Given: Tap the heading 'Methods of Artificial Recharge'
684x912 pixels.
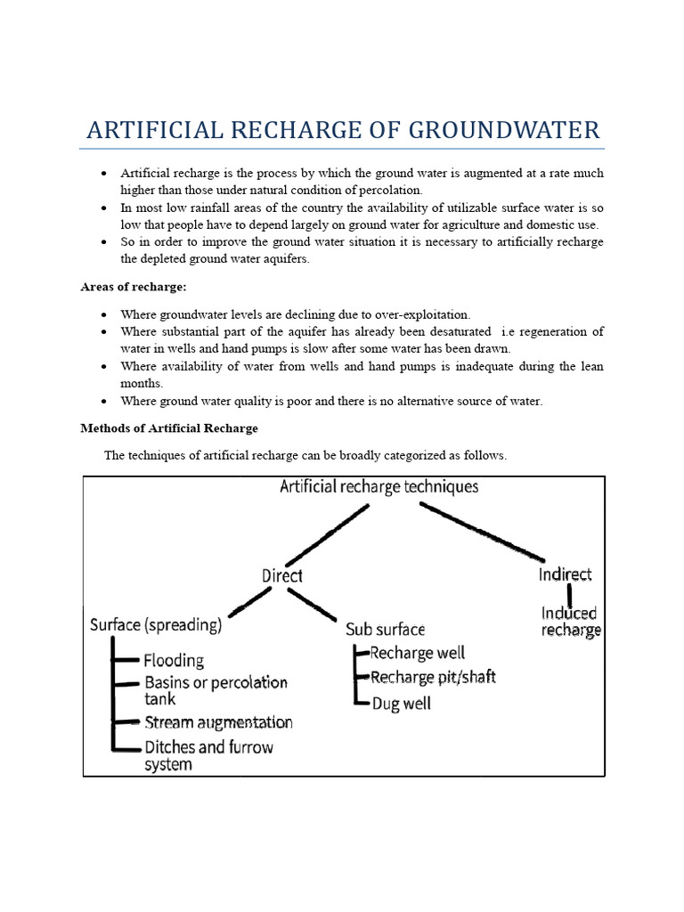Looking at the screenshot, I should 169,428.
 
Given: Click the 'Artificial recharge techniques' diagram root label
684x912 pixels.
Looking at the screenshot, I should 379,487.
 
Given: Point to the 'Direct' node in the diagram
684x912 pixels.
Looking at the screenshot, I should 282,575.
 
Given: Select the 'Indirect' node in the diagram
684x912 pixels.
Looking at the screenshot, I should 566,574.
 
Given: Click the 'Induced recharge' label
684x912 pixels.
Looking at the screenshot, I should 571,621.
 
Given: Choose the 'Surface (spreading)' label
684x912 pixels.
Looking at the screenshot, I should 156,625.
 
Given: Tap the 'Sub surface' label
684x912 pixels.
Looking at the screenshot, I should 386,630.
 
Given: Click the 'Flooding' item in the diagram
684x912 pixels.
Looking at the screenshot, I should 174,661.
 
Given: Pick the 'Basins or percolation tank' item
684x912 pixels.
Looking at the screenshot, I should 216,690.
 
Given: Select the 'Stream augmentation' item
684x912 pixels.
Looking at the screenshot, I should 218,722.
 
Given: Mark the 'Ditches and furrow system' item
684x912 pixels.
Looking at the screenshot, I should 208,755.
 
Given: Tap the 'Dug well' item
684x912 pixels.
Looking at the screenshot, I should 401,704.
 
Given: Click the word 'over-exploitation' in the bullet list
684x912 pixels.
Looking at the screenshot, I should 424,315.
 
